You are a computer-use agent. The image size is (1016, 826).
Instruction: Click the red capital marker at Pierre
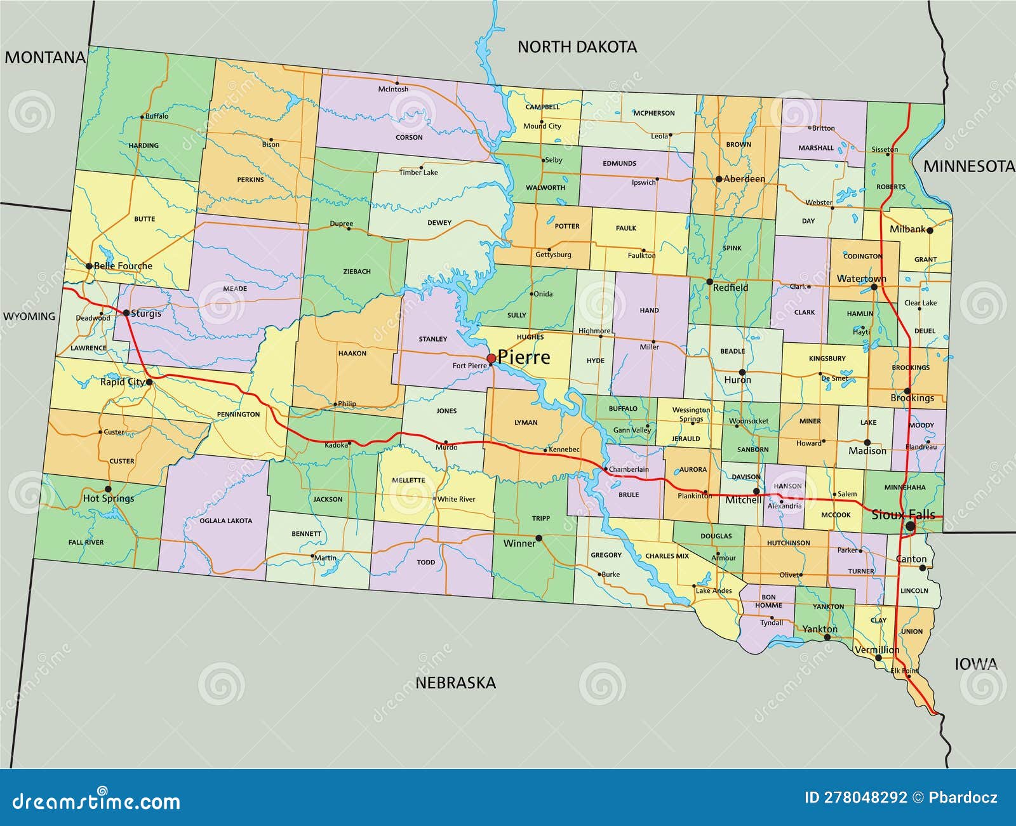pyautogui.click(x=491, y=359)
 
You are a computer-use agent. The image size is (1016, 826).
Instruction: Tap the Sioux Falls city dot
pyautogui.click(x=910, y=526)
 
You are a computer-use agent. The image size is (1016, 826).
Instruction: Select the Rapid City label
pyautogui.click(x=122, y=382)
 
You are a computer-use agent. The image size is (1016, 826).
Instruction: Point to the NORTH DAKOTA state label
pyautogui.click(x=577, y=46)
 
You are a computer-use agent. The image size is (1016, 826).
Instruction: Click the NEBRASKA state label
pyautogui.click(x=455, y=683)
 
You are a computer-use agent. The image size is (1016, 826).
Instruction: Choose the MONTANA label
pyautogui.click(x=44, y=58)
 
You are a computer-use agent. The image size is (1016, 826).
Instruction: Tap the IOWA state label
pyautogui.click(x=975, y=664)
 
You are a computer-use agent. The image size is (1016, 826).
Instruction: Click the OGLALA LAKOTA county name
pyautogui.click(x=225, y=521)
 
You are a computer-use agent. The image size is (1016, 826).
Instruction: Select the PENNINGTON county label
pyautogui.click(x=238, y=415)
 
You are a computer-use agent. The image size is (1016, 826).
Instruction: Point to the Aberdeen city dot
pyautogui.click(x=719, y=179)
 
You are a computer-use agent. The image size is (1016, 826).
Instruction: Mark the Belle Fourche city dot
pyautogui.click(x=89, y=266)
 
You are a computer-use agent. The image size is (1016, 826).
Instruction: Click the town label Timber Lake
pyautogui.click(x=418, y=173)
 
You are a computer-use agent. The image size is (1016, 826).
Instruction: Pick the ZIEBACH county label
pyautogui.click(x=357, y=272)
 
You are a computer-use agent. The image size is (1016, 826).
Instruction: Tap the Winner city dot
pyautogui.click(x=538, y=538)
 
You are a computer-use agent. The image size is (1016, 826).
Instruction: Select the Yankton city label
pyautogui.click(x=819, y=629)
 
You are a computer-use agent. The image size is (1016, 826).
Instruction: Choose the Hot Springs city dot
pyautogui.click(x=108, y=489)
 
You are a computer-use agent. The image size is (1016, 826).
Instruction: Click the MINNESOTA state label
pyautogui.click(x=968, y=166)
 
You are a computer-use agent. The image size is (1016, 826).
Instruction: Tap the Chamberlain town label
pyautogui.click(x=629, y=470)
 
